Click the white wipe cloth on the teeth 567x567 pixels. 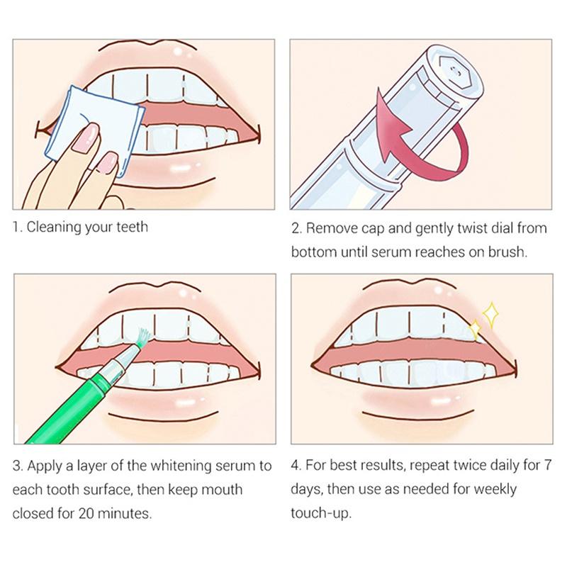click(x=95, y=127)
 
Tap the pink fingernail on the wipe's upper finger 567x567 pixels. click(x=86, y=138)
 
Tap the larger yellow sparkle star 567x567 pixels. click(x=490, y=313)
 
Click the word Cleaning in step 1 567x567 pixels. click(x=54, y=228)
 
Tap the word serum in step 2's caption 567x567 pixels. click(x=392, y=252)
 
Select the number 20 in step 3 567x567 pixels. click(x=86, y=513)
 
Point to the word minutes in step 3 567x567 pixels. click(x=124, y=513)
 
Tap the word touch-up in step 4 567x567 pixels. click(x=321, y=513)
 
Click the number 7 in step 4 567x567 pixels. click(x=547, y=465)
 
